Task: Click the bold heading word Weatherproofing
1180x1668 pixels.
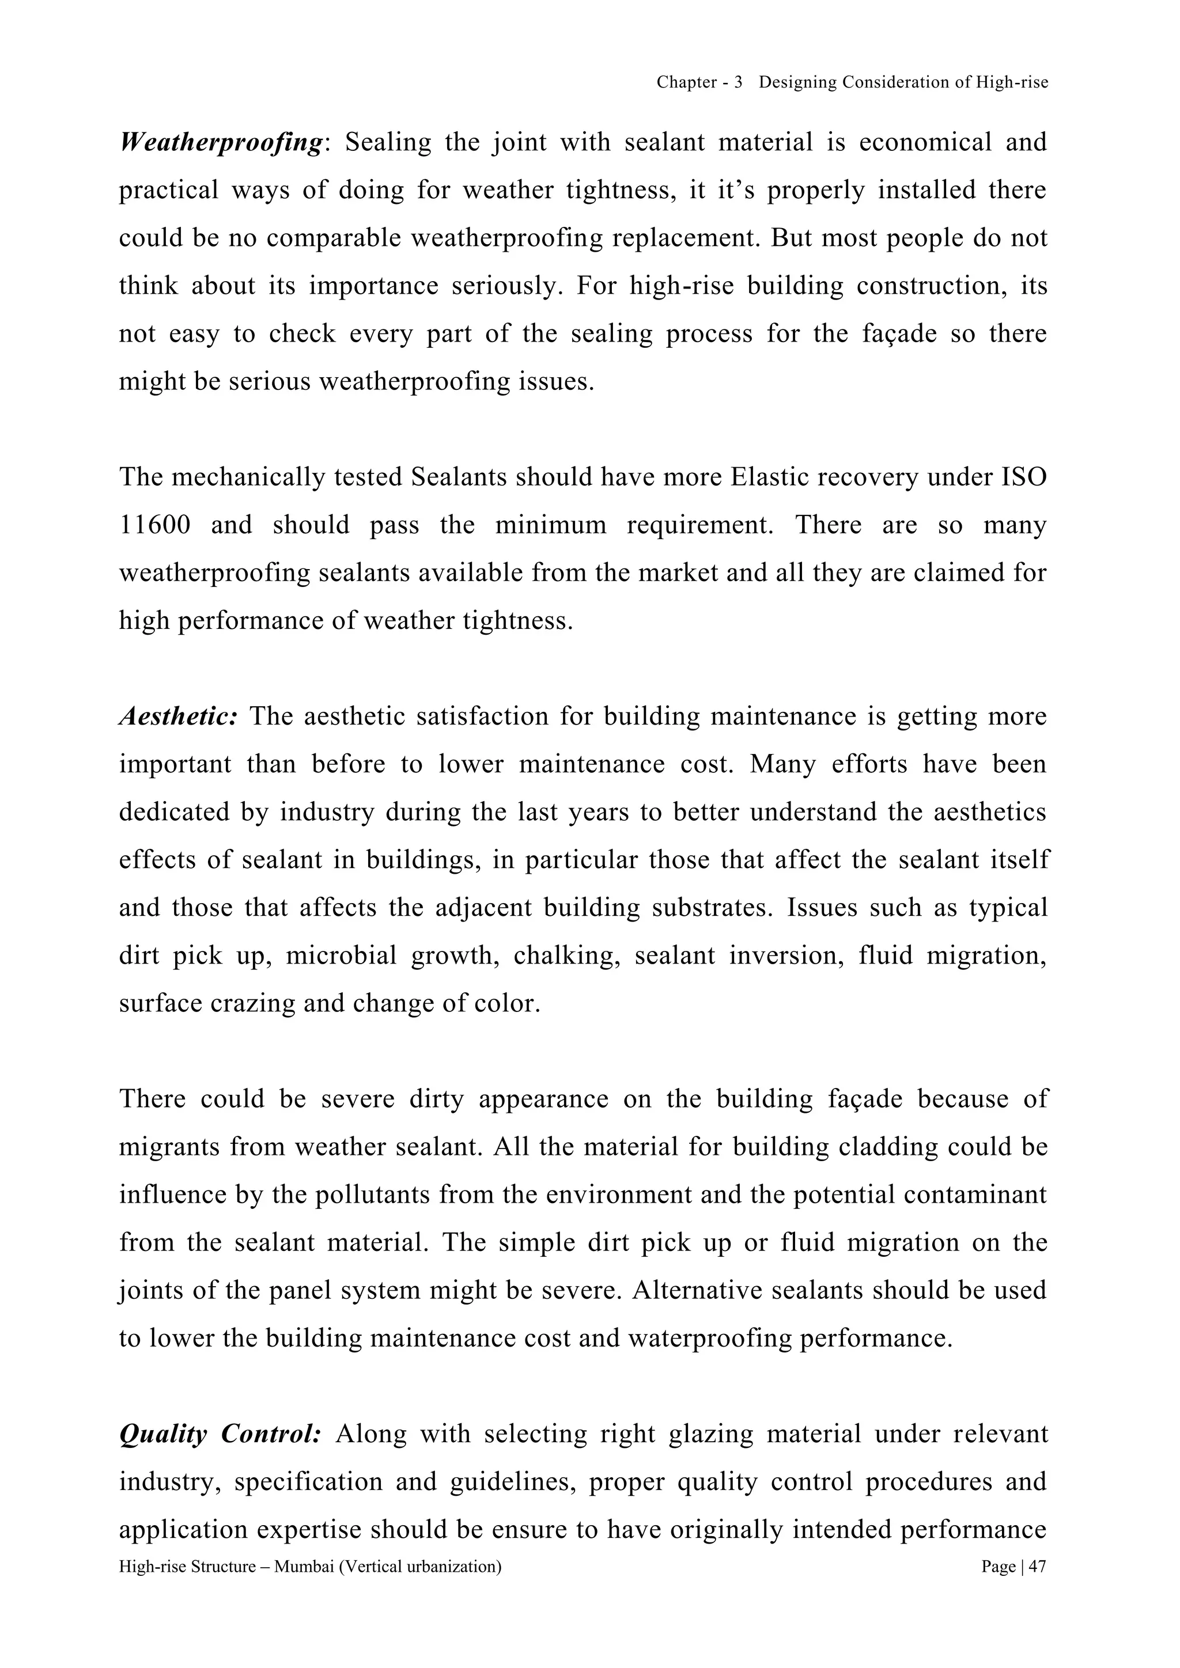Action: coord(220,143)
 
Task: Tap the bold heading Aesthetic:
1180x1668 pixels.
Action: coord(178,717)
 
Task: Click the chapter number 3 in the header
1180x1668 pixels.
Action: coord(737,83)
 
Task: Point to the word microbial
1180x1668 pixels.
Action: coord(341,956)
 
